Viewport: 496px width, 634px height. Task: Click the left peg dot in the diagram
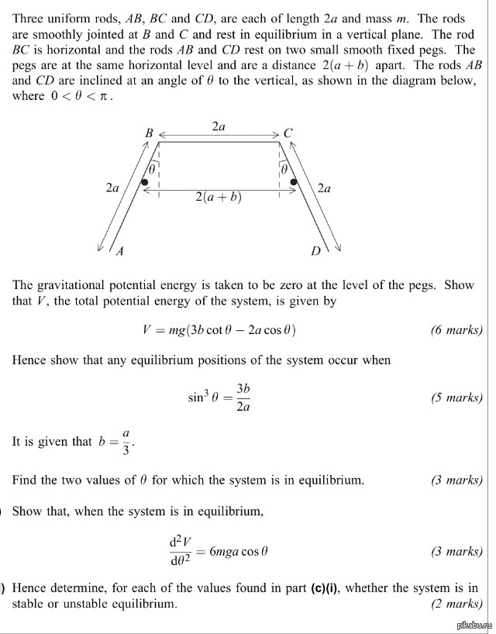pos(145,182)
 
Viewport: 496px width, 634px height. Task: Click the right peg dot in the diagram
pos(294,182)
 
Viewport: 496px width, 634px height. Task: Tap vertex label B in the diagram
pos(149,133)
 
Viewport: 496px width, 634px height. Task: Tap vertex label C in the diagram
pos(288,133)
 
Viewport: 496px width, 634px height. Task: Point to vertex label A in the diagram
pos(119,250)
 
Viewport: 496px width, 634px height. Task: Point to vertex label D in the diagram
pos(315,250)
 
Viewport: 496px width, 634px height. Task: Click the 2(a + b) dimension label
pos(219,197)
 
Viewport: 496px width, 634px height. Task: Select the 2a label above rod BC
pos(219,126)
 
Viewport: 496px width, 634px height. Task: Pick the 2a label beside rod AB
pos(112,188)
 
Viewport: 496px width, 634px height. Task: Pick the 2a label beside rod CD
pos(324,188)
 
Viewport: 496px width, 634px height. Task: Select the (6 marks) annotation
pos(456,329)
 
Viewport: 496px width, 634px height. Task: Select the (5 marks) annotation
pos(456,398)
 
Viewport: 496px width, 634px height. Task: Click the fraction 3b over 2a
pos(243,398)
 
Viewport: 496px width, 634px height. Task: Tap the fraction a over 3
pos(126,441)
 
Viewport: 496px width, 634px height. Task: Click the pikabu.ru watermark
pos(471,625)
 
